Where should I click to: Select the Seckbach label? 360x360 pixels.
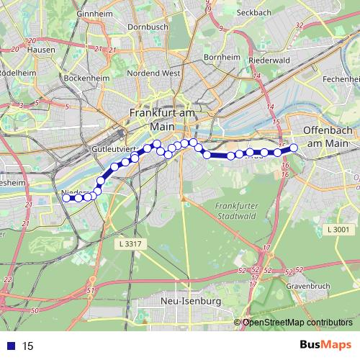[x=273, y=13]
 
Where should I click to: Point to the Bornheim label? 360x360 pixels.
[x=221, y=57]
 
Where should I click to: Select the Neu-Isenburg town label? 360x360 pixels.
[x=192, y=300]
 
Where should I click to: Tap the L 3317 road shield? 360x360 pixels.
[x=127, y=245]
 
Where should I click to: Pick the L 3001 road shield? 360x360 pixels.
[x=337, y=229]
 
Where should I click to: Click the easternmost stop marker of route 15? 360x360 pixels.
[x=293, y=148]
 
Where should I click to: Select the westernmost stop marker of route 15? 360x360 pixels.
[x=67, y=197]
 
